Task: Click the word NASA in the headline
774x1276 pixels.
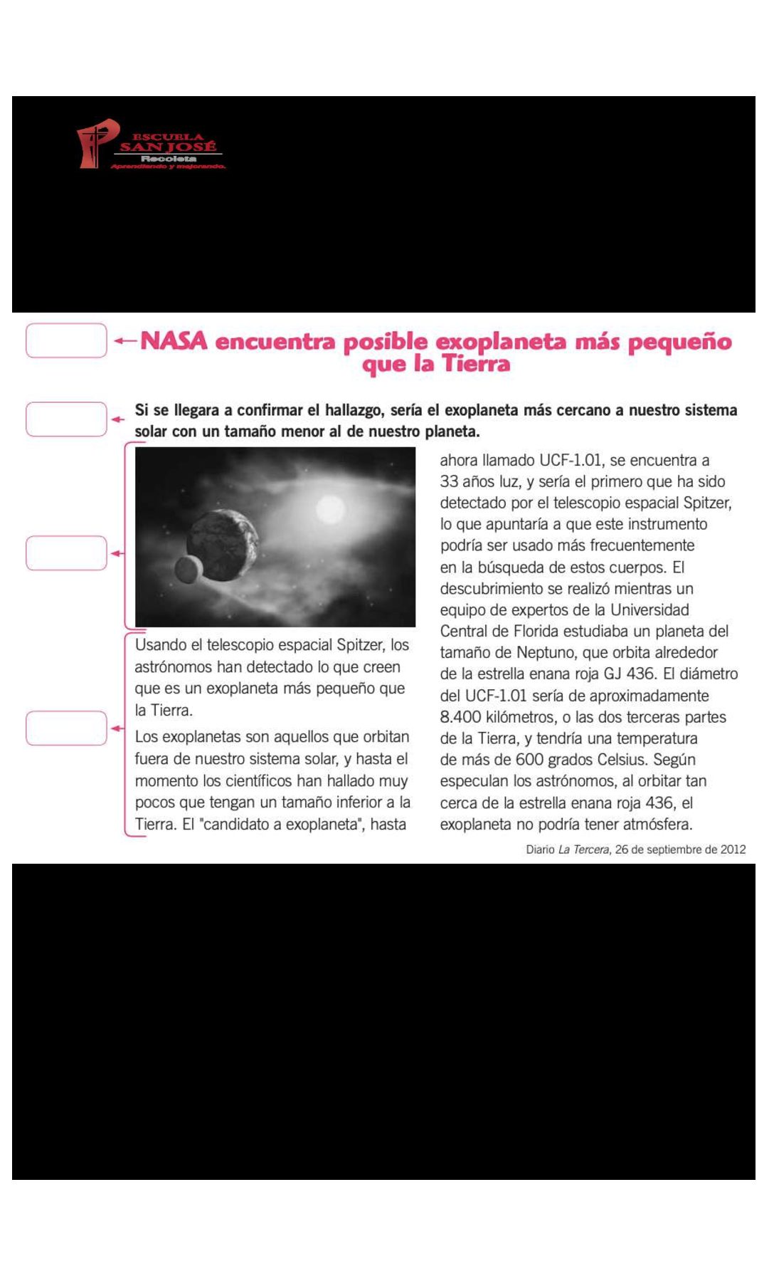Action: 174,341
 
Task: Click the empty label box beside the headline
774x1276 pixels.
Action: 66,340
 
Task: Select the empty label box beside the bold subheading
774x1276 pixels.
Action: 66,419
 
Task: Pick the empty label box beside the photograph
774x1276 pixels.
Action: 66,553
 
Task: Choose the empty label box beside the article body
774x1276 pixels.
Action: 66,728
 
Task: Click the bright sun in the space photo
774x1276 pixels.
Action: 329,509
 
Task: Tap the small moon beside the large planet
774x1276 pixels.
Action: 187,569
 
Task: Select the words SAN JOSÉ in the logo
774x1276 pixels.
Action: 168,147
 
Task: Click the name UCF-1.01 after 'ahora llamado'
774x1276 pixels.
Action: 571,461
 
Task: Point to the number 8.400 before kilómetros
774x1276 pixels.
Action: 461,717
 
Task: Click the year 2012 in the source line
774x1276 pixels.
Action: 733,849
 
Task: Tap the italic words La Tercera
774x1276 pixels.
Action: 583,849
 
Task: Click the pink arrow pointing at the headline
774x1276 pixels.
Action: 125,341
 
